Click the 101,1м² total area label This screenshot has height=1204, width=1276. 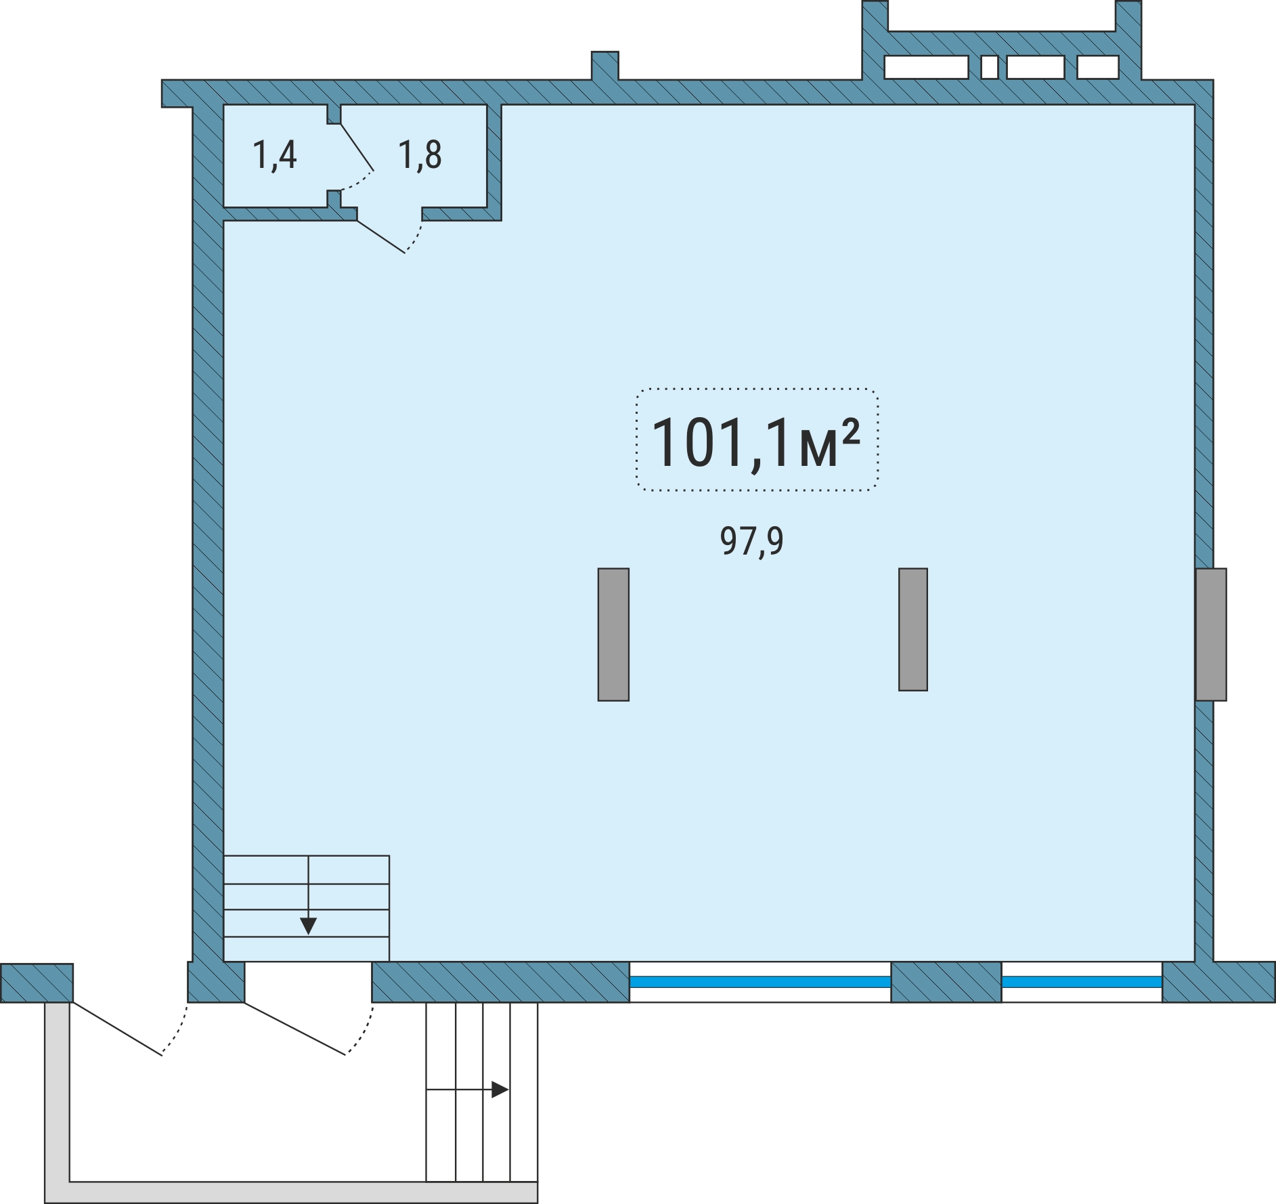tap(755, 442)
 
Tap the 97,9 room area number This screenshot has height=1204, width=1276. tap(751, 541)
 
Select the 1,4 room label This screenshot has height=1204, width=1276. tap(274, 155)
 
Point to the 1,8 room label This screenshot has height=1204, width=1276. tap(420, 155)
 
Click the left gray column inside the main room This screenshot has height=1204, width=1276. tap(613, 634)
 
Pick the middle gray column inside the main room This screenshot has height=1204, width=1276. tap(913, 629)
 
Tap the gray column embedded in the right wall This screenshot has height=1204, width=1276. tap(1211, 634)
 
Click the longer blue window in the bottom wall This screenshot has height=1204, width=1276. tap(760, 982)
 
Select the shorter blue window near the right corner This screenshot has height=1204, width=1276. tap(1082, 982)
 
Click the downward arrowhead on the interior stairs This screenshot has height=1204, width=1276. tap(309, 926)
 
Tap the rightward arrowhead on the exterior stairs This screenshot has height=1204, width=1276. tap(500, 1090)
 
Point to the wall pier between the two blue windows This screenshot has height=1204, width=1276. tap(946, 982)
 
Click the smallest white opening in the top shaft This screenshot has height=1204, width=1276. tap(990, 68)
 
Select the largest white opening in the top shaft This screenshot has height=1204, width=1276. tap(926, 68)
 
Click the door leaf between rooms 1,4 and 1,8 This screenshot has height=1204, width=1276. tap(357, 147)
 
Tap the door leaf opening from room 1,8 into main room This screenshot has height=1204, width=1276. tap(381, 237)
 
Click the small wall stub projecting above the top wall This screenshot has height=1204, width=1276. tap(605, 65)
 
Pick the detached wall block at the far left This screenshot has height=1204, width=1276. tap(37, 983)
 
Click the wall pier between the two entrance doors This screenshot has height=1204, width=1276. tap(216, 982)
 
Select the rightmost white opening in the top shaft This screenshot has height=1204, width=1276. tap(1098, 68)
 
